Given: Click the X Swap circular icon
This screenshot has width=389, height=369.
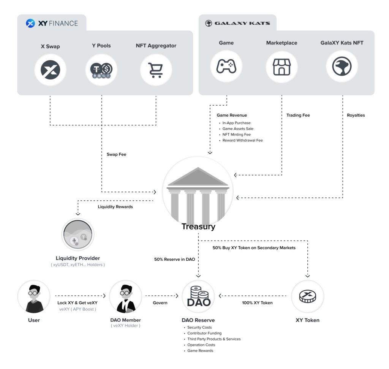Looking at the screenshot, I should (51, 70).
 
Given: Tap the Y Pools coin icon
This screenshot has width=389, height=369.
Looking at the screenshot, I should (101, 70).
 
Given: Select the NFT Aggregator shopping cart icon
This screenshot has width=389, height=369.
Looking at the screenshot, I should (156, 70).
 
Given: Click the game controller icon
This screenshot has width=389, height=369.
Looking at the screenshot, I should (226, 67).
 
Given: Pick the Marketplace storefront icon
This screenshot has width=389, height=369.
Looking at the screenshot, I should (281, 67).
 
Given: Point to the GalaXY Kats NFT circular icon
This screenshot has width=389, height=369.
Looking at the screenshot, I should (342, 67).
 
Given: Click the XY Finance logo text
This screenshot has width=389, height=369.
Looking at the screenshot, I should (57, 24).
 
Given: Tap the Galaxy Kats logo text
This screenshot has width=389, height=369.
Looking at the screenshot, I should (242, 24).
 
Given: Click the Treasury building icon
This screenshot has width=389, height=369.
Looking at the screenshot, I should (198, 195).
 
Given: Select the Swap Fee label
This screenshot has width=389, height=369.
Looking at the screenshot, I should (116, 155).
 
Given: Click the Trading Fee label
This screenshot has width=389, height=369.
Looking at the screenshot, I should (298, 115).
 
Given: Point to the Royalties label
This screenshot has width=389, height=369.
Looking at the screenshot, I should (356, 115).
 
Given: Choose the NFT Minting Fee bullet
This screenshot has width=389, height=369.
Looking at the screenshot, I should (236, 135).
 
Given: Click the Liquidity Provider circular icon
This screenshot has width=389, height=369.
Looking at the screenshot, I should (77, 234).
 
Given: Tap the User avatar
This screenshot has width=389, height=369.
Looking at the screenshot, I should (34, 297).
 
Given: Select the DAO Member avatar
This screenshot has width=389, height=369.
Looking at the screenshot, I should (125, 297).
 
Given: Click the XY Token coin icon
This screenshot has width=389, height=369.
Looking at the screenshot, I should (307, 296).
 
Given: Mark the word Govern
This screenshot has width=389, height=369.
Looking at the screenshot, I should (160, 303).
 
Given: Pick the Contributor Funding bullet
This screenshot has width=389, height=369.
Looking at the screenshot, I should (204, 333).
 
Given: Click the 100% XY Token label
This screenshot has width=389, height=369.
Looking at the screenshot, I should (257, 303).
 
